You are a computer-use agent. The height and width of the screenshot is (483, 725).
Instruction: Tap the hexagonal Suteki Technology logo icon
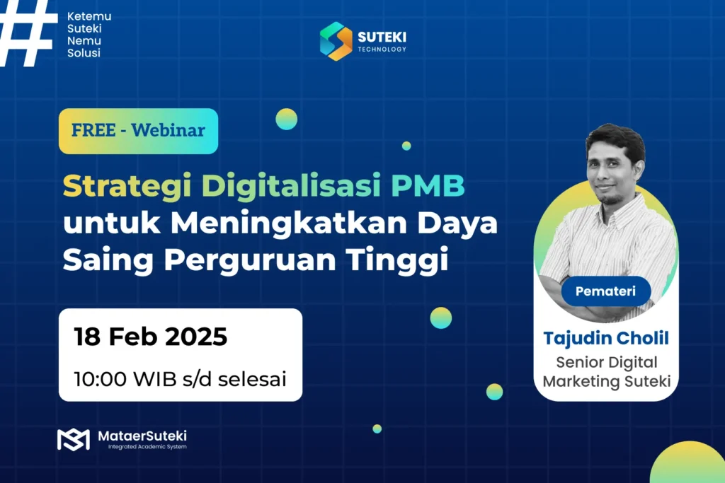coord(336,41)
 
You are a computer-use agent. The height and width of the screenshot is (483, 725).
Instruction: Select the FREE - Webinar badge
coord(138,131)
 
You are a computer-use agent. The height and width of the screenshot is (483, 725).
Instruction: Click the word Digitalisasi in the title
coord(282,187)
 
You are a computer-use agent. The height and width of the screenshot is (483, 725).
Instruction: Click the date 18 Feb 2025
coord(151,337)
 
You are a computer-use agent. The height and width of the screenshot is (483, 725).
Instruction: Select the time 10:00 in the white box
coord(100,378)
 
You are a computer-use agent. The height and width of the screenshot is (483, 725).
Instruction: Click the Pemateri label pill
coord(605,291)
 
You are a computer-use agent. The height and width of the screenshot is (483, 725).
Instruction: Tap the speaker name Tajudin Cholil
coord(606,338)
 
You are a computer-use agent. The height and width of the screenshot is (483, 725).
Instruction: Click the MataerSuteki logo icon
coord(73,438)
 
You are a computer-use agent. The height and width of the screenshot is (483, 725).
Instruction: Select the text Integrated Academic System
coord(147,448)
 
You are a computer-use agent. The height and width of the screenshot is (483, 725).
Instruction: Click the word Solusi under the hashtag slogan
coord(84,54)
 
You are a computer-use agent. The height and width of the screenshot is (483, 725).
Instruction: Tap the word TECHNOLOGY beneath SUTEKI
coord(382,50)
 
